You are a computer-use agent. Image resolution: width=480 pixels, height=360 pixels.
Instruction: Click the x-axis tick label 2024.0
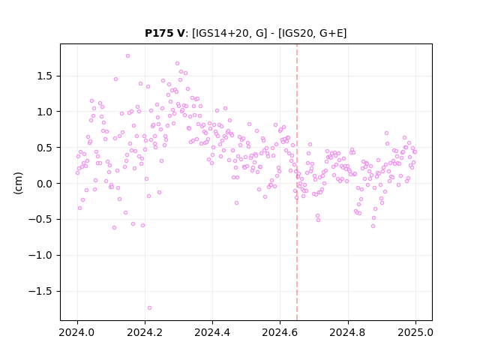point(77,332)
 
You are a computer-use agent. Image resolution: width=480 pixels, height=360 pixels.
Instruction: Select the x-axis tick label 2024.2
point(145,332)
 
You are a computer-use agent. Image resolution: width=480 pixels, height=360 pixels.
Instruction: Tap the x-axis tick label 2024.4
point(212,332)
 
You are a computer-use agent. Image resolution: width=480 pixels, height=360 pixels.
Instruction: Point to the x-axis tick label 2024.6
point(280,332)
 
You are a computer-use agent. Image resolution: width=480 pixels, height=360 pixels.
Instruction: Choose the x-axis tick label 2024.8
point(348,332)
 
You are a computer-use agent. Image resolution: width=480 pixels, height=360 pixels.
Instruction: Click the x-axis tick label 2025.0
point(415,332)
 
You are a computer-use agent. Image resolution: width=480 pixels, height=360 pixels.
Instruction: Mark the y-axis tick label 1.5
point(46,76)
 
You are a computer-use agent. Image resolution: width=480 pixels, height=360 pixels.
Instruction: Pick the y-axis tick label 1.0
point(46,112)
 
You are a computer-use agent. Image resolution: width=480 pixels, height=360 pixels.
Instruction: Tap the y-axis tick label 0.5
point(46,148)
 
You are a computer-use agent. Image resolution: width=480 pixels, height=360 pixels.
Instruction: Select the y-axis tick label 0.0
point(46,184)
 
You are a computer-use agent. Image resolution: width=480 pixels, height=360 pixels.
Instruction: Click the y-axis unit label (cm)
point(18,183)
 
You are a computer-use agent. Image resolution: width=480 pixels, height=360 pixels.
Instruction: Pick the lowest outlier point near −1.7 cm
point(149,307)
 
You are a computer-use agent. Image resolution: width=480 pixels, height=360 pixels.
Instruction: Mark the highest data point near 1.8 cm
point(128,55)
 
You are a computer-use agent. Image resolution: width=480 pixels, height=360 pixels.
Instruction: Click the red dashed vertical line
point(297,182)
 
